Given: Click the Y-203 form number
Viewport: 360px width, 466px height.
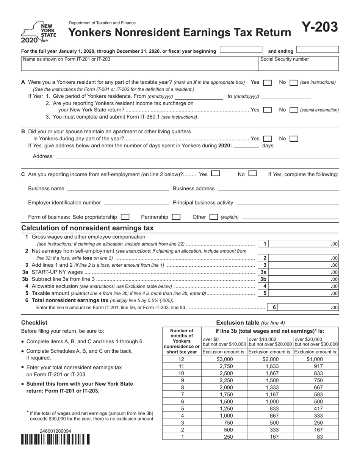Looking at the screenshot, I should [319, 27].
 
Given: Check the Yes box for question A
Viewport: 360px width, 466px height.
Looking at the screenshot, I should [267, 83].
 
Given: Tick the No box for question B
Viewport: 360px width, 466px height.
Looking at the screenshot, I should [294, 139].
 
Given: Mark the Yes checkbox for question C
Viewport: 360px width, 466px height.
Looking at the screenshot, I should [216, 174].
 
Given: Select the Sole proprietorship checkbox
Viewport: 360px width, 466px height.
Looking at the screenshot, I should [125, 217].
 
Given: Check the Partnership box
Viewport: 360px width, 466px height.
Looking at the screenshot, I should [176, 217].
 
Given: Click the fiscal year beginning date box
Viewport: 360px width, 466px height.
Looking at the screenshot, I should [241, 50].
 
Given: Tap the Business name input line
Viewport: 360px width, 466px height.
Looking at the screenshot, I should [118, 189].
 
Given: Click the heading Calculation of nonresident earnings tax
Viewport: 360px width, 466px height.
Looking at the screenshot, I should [88, 228].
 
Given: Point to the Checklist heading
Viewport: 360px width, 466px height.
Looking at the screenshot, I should [34, 323].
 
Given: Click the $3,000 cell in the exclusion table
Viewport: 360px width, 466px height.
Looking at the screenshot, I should [224, 359].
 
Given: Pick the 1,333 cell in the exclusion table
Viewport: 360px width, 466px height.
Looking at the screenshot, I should [270, 387].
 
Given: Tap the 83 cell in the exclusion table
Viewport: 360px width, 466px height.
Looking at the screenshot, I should [316, 436].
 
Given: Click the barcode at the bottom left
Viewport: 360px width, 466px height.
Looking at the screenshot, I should [55, 439].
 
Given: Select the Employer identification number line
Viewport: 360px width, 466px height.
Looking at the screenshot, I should [136, 203].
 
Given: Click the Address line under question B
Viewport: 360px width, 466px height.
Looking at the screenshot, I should [197, 156].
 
